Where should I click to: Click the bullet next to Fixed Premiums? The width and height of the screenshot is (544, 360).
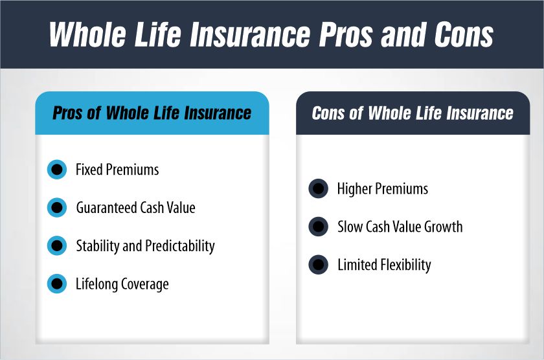point(57,170)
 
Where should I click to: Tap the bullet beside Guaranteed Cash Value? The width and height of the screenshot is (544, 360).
point(57,208)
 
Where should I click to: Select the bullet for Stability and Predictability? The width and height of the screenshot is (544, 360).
point(57,246)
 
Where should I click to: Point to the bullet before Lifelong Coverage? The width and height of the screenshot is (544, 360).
point(57,284)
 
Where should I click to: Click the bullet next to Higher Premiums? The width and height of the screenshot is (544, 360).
point(318,189)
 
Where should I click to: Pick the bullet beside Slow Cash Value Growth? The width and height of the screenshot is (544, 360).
point(318,227)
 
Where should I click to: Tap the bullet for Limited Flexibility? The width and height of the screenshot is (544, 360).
point(318,265)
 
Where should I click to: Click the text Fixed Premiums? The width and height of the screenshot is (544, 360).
point(117,170)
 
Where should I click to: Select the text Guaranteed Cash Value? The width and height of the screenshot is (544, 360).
point(135,208)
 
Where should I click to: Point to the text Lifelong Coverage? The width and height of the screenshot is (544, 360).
point(122,284)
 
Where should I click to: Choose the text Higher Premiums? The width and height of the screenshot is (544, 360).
point(383,189)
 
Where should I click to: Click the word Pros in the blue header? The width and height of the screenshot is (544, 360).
point(67,113)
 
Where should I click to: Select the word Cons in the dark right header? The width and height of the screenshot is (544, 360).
point(328,113)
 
